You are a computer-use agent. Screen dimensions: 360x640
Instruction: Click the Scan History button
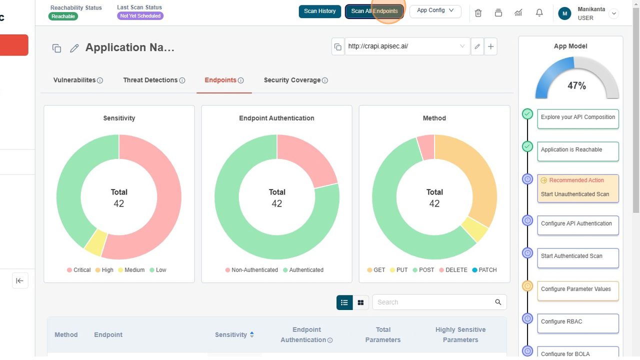pyautogui.click(x=319, y=11)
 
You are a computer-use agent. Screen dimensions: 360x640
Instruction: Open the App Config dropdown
pyautogui.click(x=435, y=10)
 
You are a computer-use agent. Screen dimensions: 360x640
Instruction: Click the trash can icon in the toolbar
pyautogui.click(x=478, y=13)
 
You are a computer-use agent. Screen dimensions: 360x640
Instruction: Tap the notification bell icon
pyautogui.click(x=539, y=13)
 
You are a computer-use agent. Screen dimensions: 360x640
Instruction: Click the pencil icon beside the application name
pyautogui.click(x=74, y=48)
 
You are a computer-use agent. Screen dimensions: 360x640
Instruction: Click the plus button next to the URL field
pyautogui.click(x=490, y=46)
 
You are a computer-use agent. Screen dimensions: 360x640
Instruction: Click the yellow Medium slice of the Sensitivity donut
pyautogui.click(x=95, y=242)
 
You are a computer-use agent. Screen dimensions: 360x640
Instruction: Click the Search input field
pyautogui.click(x=432, y=302)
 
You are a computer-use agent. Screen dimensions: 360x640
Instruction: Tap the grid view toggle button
pyautogui.click(x=360, y=302)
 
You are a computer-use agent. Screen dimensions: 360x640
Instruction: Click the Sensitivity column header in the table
pyautogui.click(x=231, y=335)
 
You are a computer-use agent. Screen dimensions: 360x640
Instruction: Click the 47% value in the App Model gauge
pyautogui.click(x=576, y=86)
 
